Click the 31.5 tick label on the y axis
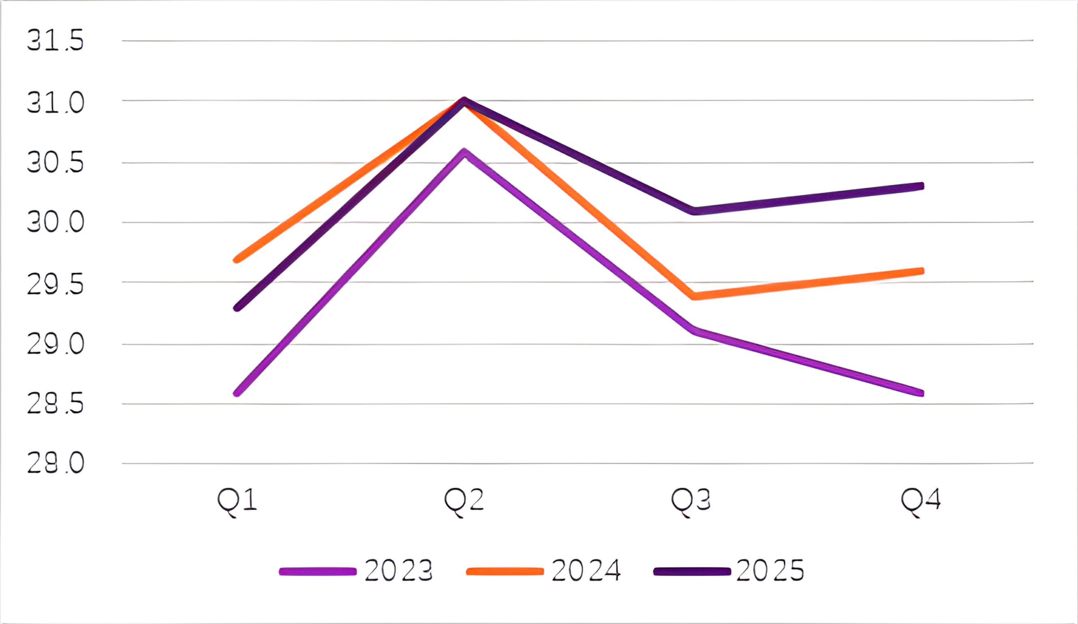point(55,41)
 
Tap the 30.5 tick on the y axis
point(55,163)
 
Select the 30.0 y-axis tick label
point(55,222)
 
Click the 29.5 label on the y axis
point(55,284)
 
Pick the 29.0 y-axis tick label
point(55,344)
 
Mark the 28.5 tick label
point(55,404)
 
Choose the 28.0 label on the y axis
point(55,463)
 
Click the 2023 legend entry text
point(398,571)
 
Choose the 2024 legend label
point(586,571)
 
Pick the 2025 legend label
point(770,571)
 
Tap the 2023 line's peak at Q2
point(464,152)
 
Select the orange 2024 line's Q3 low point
point(694,296)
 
